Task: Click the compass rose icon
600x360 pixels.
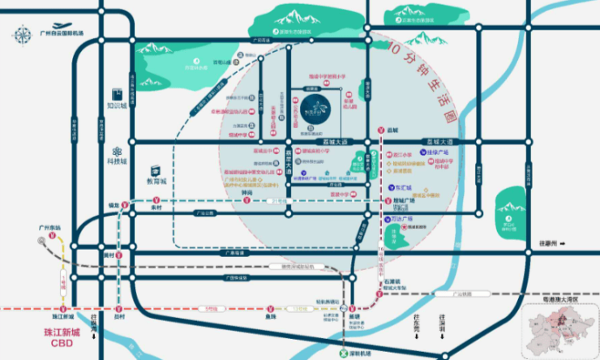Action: pyautogui.click(x=21, y=33)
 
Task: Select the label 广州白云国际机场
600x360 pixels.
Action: pyautogui.click(x=62, y=35)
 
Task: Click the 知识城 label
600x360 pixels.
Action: pyautogui.click(x=117, y=105)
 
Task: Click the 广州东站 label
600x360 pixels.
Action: pyautogui.click(x=49, y=229)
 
